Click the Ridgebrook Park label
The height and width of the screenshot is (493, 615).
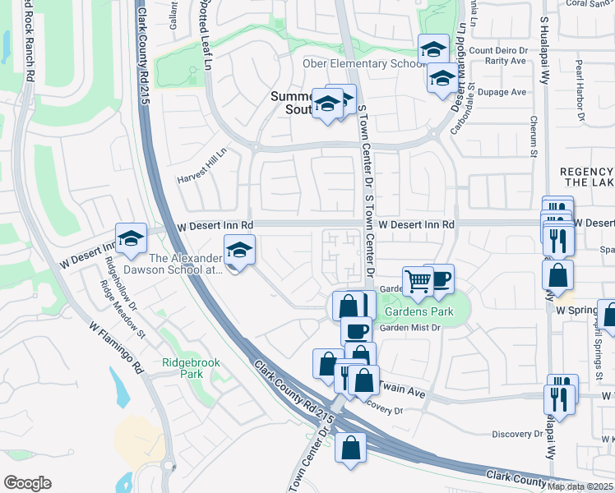[183, 367]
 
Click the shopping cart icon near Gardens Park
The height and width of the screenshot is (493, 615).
[418, 281]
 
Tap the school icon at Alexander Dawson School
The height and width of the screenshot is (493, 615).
[239, 250]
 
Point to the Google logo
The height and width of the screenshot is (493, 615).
[27, 483]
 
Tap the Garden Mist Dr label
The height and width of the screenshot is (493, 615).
[410, 328]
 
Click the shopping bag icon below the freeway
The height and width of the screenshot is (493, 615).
[351, 448]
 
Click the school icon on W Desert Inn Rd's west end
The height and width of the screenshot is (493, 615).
[131, 238]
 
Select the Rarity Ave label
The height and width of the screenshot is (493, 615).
[506, 61]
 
